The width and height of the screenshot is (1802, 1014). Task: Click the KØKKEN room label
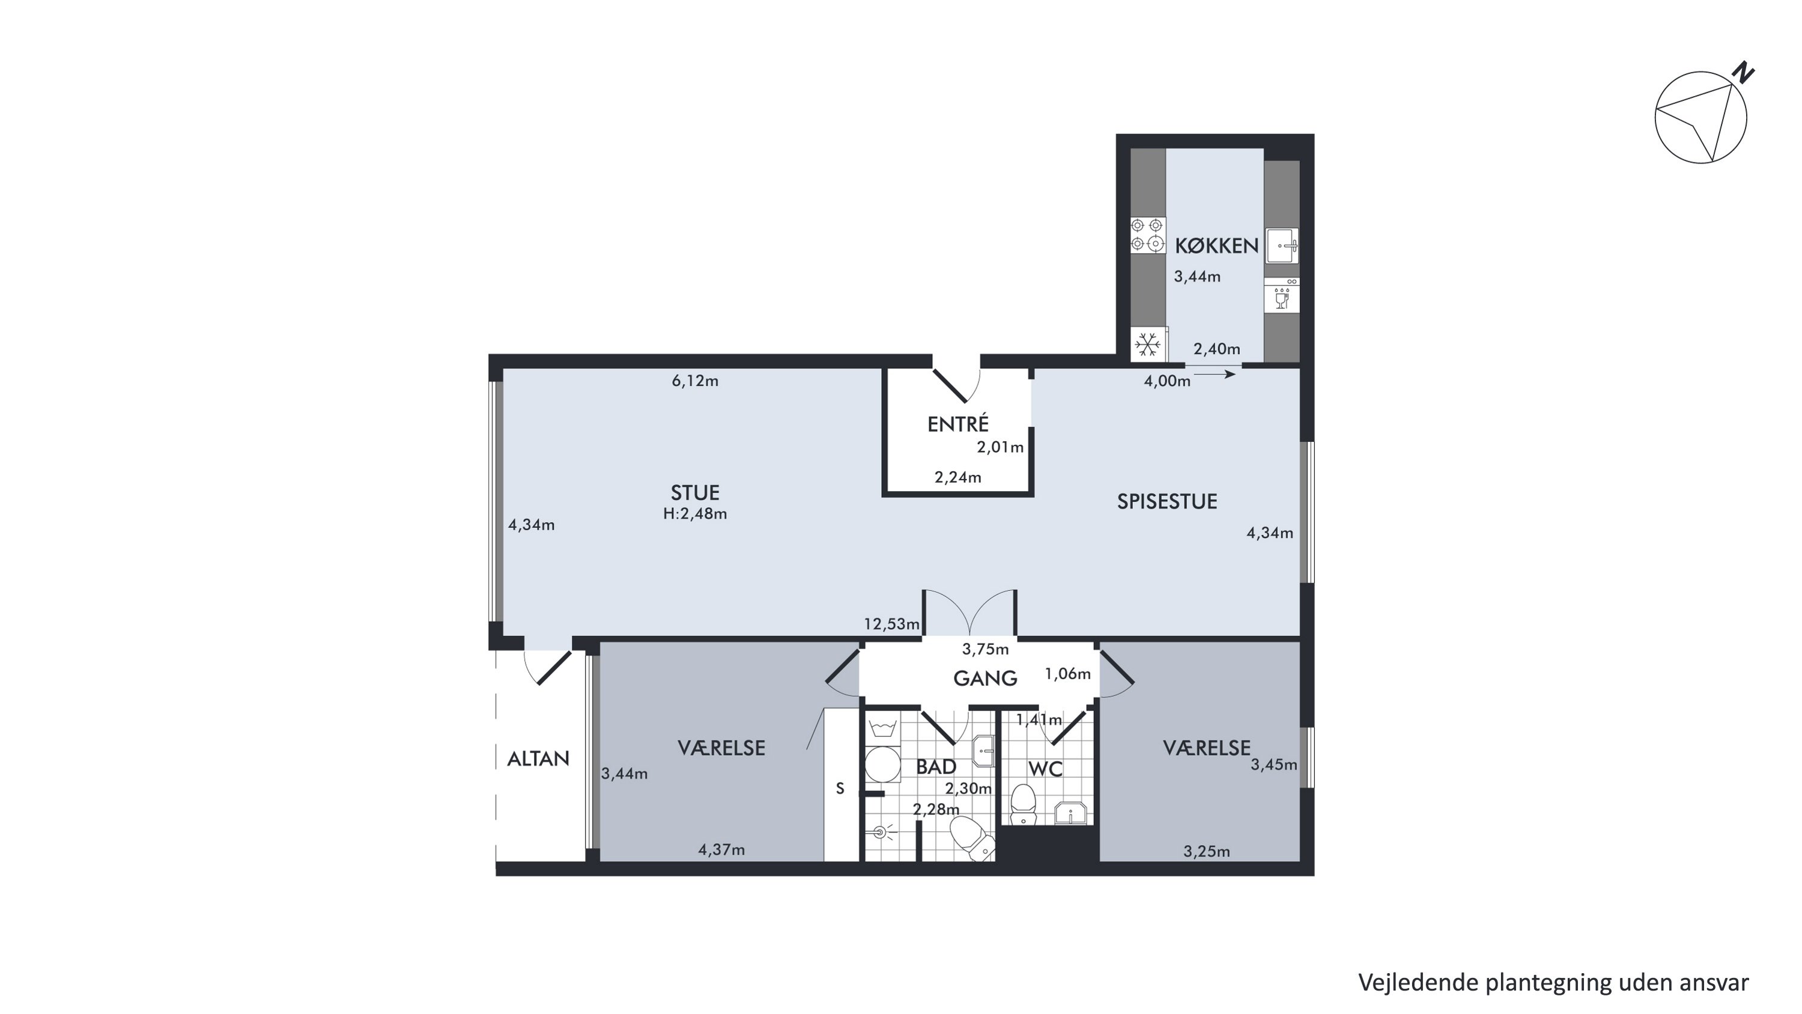1216,246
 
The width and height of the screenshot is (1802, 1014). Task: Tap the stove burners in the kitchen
1148,234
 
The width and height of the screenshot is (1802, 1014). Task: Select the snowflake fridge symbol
1147,344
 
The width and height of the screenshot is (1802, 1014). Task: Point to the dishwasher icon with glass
1282,295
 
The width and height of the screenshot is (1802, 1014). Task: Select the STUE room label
694,493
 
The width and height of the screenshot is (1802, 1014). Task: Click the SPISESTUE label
1167,501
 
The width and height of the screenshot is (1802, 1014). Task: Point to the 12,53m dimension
892,623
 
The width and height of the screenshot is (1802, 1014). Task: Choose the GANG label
985,677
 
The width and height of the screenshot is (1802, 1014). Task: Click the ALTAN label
538,759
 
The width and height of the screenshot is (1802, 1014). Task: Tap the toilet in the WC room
1024,804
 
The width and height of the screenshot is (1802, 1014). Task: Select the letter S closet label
840,789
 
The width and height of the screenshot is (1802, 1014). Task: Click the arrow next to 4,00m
1215,374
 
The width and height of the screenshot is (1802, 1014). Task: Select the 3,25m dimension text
1207,852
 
